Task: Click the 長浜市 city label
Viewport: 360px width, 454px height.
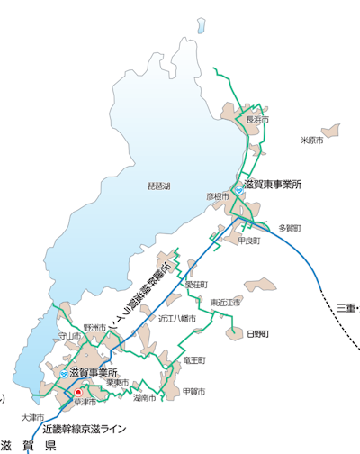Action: [x=257, y=119]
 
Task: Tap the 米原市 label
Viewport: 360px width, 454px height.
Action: [x=311, y=141]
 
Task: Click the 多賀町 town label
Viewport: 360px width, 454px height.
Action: [x=290, y=228]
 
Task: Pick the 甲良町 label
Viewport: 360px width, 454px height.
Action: [x=249, y=241]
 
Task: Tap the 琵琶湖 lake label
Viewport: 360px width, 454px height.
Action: [x=158, y=186]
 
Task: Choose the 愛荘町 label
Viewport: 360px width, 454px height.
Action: [x=196, y=284]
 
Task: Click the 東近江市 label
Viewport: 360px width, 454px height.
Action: [x=225, y=302]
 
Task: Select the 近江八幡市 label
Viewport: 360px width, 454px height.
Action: [x=177, y=318]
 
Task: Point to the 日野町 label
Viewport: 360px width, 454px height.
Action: [x=257, y=333]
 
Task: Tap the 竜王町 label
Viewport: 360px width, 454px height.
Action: [x=193, y=359]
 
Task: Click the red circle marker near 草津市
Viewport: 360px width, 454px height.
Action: [x=78, y=392]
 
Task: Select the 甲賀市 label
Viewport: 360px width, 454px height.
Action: [x=193, y=392]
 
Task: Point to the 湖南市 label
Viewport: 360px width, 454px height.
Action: [x=144, y=397]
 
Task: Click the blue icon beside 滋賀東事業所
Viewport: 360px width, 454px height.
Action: [x=237, y=184]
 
